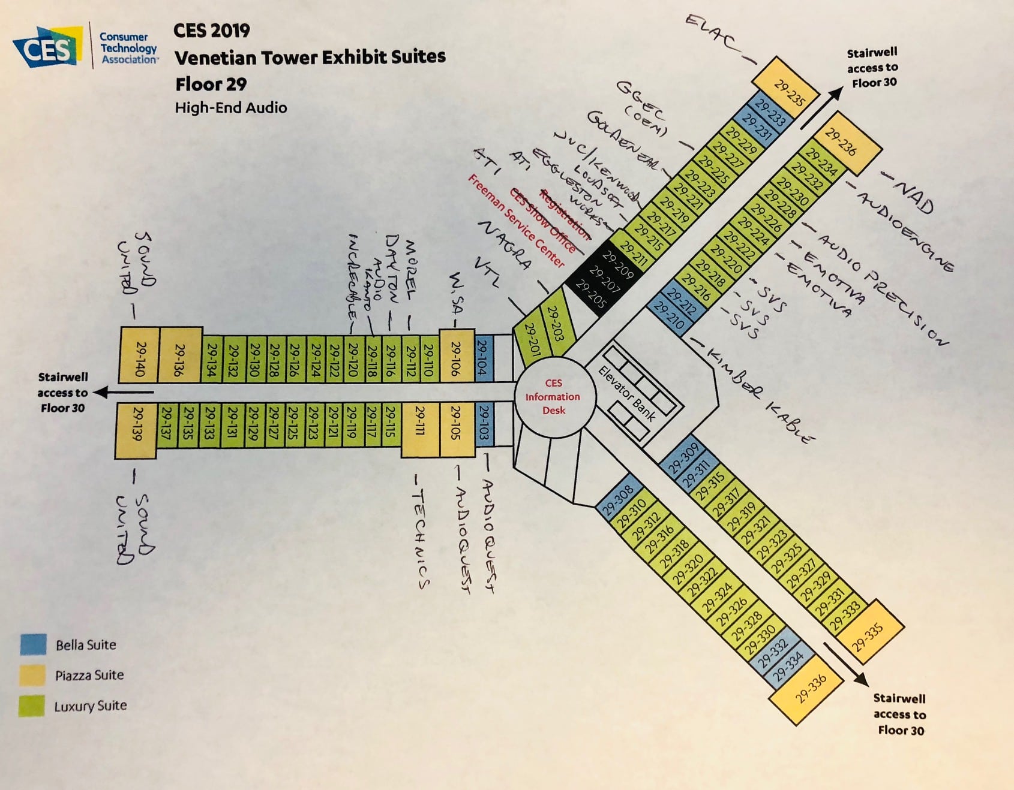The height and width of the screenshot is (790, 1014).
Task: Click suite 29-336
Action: pyautogui.click(x=810, y=689)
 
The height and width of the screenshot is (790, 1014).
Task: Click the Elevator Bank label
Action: pyautogui.click(x=628, y=393)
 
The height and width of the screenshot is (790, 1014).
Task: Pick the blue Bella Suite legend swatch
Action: pyautogui.click(x=33, y=644)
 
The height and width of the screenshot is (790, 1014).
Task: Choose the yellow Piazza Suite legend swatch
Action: pyautogui.click(x=33, y=675)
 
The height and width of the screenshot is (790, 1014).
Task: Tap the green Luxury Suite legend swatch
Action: pyautogui.click(x=33, y=705)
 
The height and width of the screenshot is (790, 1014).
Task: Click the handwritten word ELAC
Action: pyautogui.click(x=711, y=35)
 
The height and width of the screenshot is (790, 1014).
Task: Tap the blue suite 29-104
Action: pyautogui.click(x=483, y=358)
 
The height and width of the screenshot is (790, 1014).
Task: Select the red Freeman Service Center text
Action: pyautogui.click(x=516, y=222)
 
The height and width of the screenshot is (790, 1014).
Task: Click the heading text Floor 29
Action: pyautogui.click(x=211, y=84)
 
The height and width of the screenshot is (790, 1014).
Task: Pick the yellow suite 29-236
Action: pyautogui.click(x=841, y=143)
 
